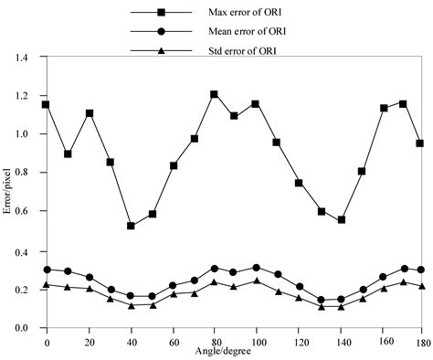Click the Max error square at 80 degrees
214,94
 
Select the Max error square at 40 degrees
131,226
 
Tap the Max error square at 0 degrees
47,105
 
